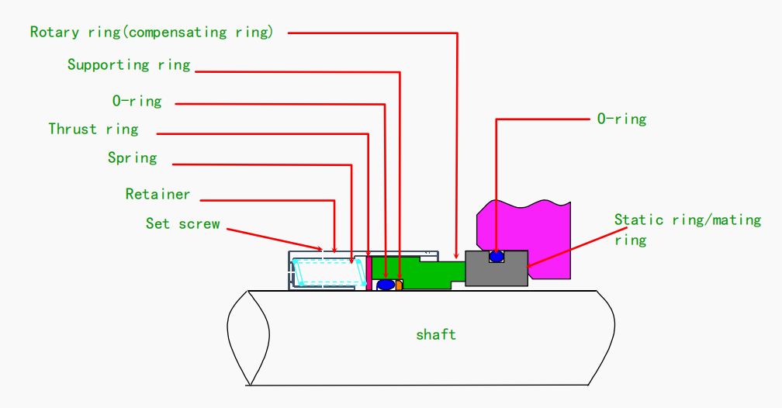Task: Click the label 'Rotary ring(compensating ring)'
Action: point(151,33)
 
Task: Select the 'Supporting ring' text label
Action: point(129,65)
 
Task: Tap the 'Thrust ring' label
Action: point(93,130)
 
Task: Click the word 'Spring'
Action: point(132,158)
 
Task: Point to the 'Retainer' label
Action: point(157,194)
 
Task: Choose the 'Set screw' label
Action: point(182,223)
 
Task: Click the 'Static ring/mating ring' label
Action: point(687,230)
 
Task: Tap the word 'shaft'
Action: point(436,334)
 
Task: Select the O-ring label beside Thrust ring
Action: point(137,102)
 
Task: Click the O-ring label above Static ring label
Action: point(621,119)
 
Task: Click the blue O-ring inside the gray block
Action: point(497,257)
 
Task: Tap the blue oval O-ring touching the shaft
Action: point(386,285)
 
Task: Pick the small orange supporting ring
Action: point(399,285)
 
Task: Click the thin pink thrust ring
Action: point(369,273)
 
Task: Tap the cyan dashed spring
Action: point(330,272)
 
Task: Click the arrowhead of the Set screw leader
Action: point(319,247)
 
